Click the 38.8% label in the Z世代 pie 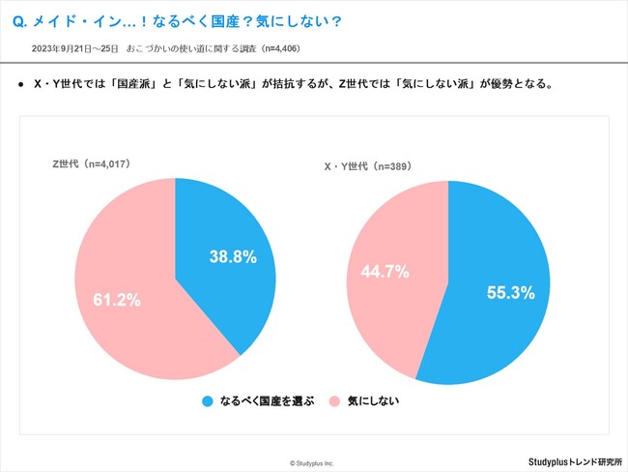pos(233,257)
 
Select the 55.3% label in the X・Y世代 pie pos(510,293)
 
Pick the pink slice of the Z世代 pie pos(126,251)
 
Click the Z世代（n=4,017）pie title pos(92,163)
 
